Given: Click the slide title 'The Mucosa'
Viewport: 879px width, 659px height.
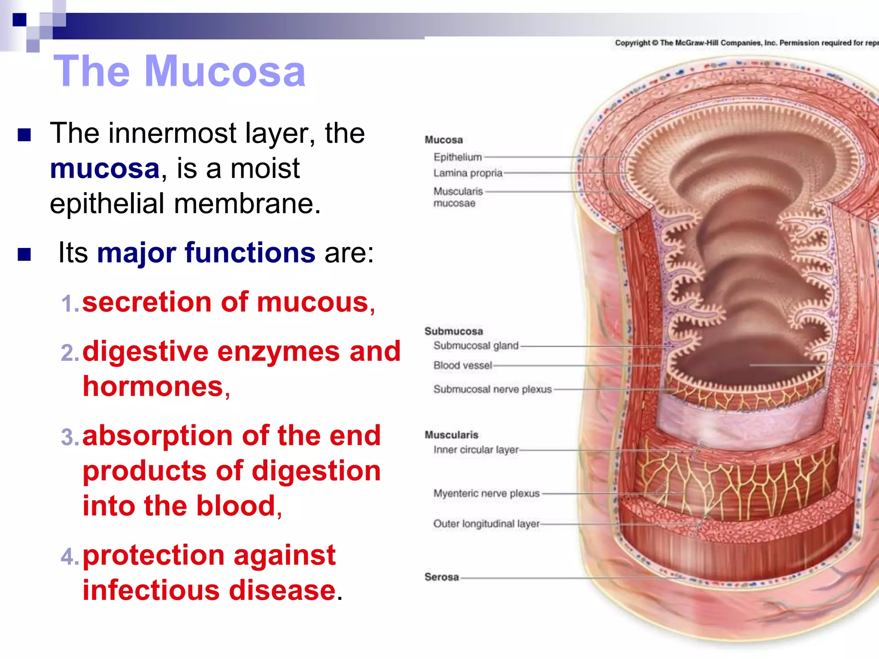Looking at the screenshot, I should (x=179, y=71).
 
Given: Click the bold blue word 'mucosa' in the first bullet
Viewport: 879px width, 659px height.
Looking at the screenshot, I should (x=105, y=168).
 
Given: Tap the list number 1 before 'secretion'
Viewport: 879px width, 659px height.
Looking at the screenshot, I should (x=69, y=304).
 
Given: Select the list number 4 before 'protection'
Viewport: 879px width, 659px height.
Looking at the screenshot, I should (x=69, y=557).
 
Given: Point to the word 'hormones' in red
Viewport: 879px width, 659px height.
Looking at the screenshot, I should (x=153, y=386).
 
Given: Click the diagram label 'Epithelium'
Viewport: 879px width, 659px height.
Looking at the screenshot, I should (x=458, y=157).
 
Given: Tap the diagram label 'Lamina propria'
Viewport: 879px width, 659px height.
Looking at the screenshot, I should (x=467, y=173).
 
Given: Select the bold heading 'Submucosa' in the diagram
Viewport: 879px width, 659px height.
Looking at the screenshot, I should (x=454, y=331).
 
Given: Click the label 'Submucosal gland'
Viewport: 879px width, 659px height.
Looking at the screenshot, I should (x=476, y=345).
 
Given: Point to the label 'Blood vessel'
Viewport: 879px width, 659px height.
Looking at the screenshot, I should (x=462, y=365).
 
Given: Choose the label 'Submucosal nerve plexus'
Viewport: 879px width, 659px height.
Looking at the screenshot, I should (x=492, y=389).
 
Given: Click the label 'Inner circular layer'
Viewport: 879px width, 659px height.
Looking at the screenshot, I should (x=476, y=450).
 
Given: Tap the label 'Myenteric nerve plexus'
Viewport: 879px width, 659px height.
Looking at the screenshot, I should (x=486, y=493).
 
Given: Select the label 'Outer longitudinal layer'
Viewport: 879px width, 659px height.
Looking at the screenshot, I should (x=486, y=523).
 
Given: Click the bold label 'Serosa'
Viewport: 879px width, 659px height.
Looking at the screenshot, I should (x=442, y=577).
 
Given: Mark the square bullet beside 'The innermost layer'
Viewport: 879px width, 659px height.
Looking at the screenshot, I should (x=24, y=135).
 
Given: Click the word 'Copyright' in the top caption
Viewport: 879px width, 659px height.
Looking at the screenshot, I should (x=632, y=43).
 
